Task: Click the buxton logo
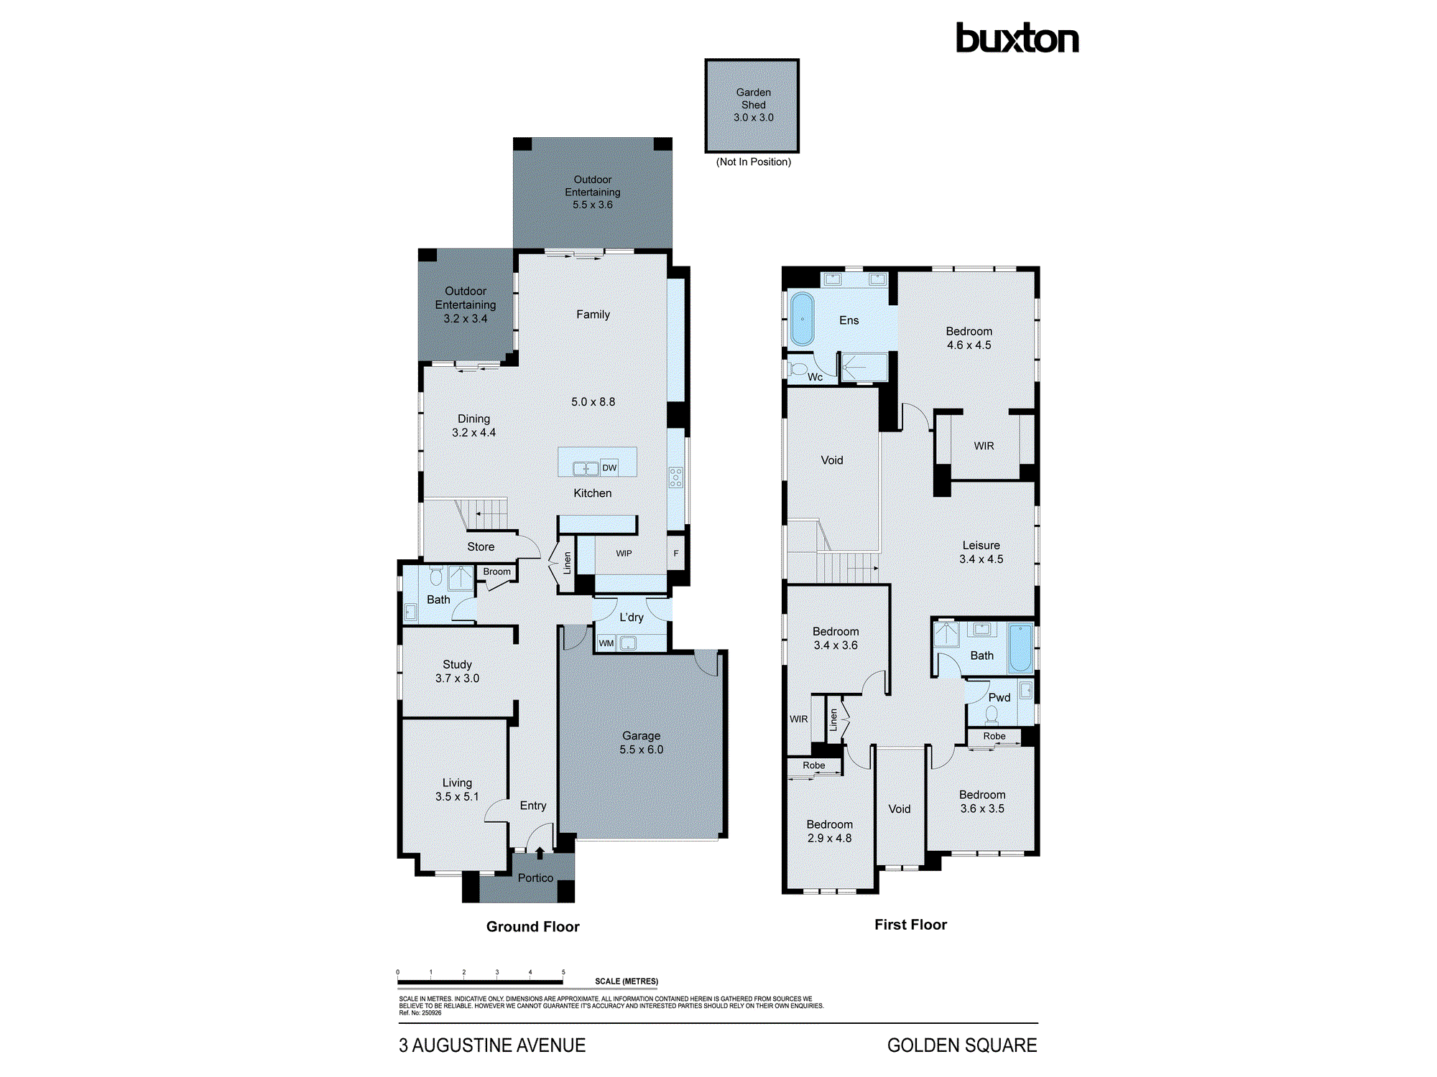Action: point(1017,39)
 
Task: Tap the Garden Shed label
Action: point(753,98)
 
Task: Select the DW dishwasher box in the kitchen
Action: point(609,467)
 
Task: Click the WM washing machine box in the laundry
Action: point(606,643)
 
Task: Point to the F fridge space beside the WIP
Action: point(676,554)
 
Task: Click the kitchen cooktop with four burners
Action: point(676,477)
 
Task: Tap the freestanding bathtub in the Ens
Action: point(802,319)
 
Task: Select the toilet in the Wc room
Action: point(798,370)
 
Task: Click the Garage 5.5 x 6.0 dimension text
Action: point(642,750)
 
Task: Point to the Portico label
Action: point(535,878)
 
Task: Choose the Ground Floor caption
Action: point(532,927)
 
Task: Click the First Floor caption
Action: point(910,925)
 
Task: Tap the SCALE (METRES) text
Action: point(626,982)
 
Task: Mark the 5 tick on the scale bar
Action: point(563,973)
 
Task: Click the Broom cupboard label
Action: point(496,572)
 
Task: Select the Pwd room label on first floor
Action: point(999,698)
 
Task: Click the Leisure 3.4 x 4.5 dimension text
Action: point(981,559)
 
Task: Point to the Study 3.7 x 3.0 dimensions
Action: point(457,679)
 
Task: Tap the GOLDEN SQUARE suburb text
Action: point(961,1045)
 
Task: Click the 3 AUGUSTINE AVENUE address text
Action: point(492,1045)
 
